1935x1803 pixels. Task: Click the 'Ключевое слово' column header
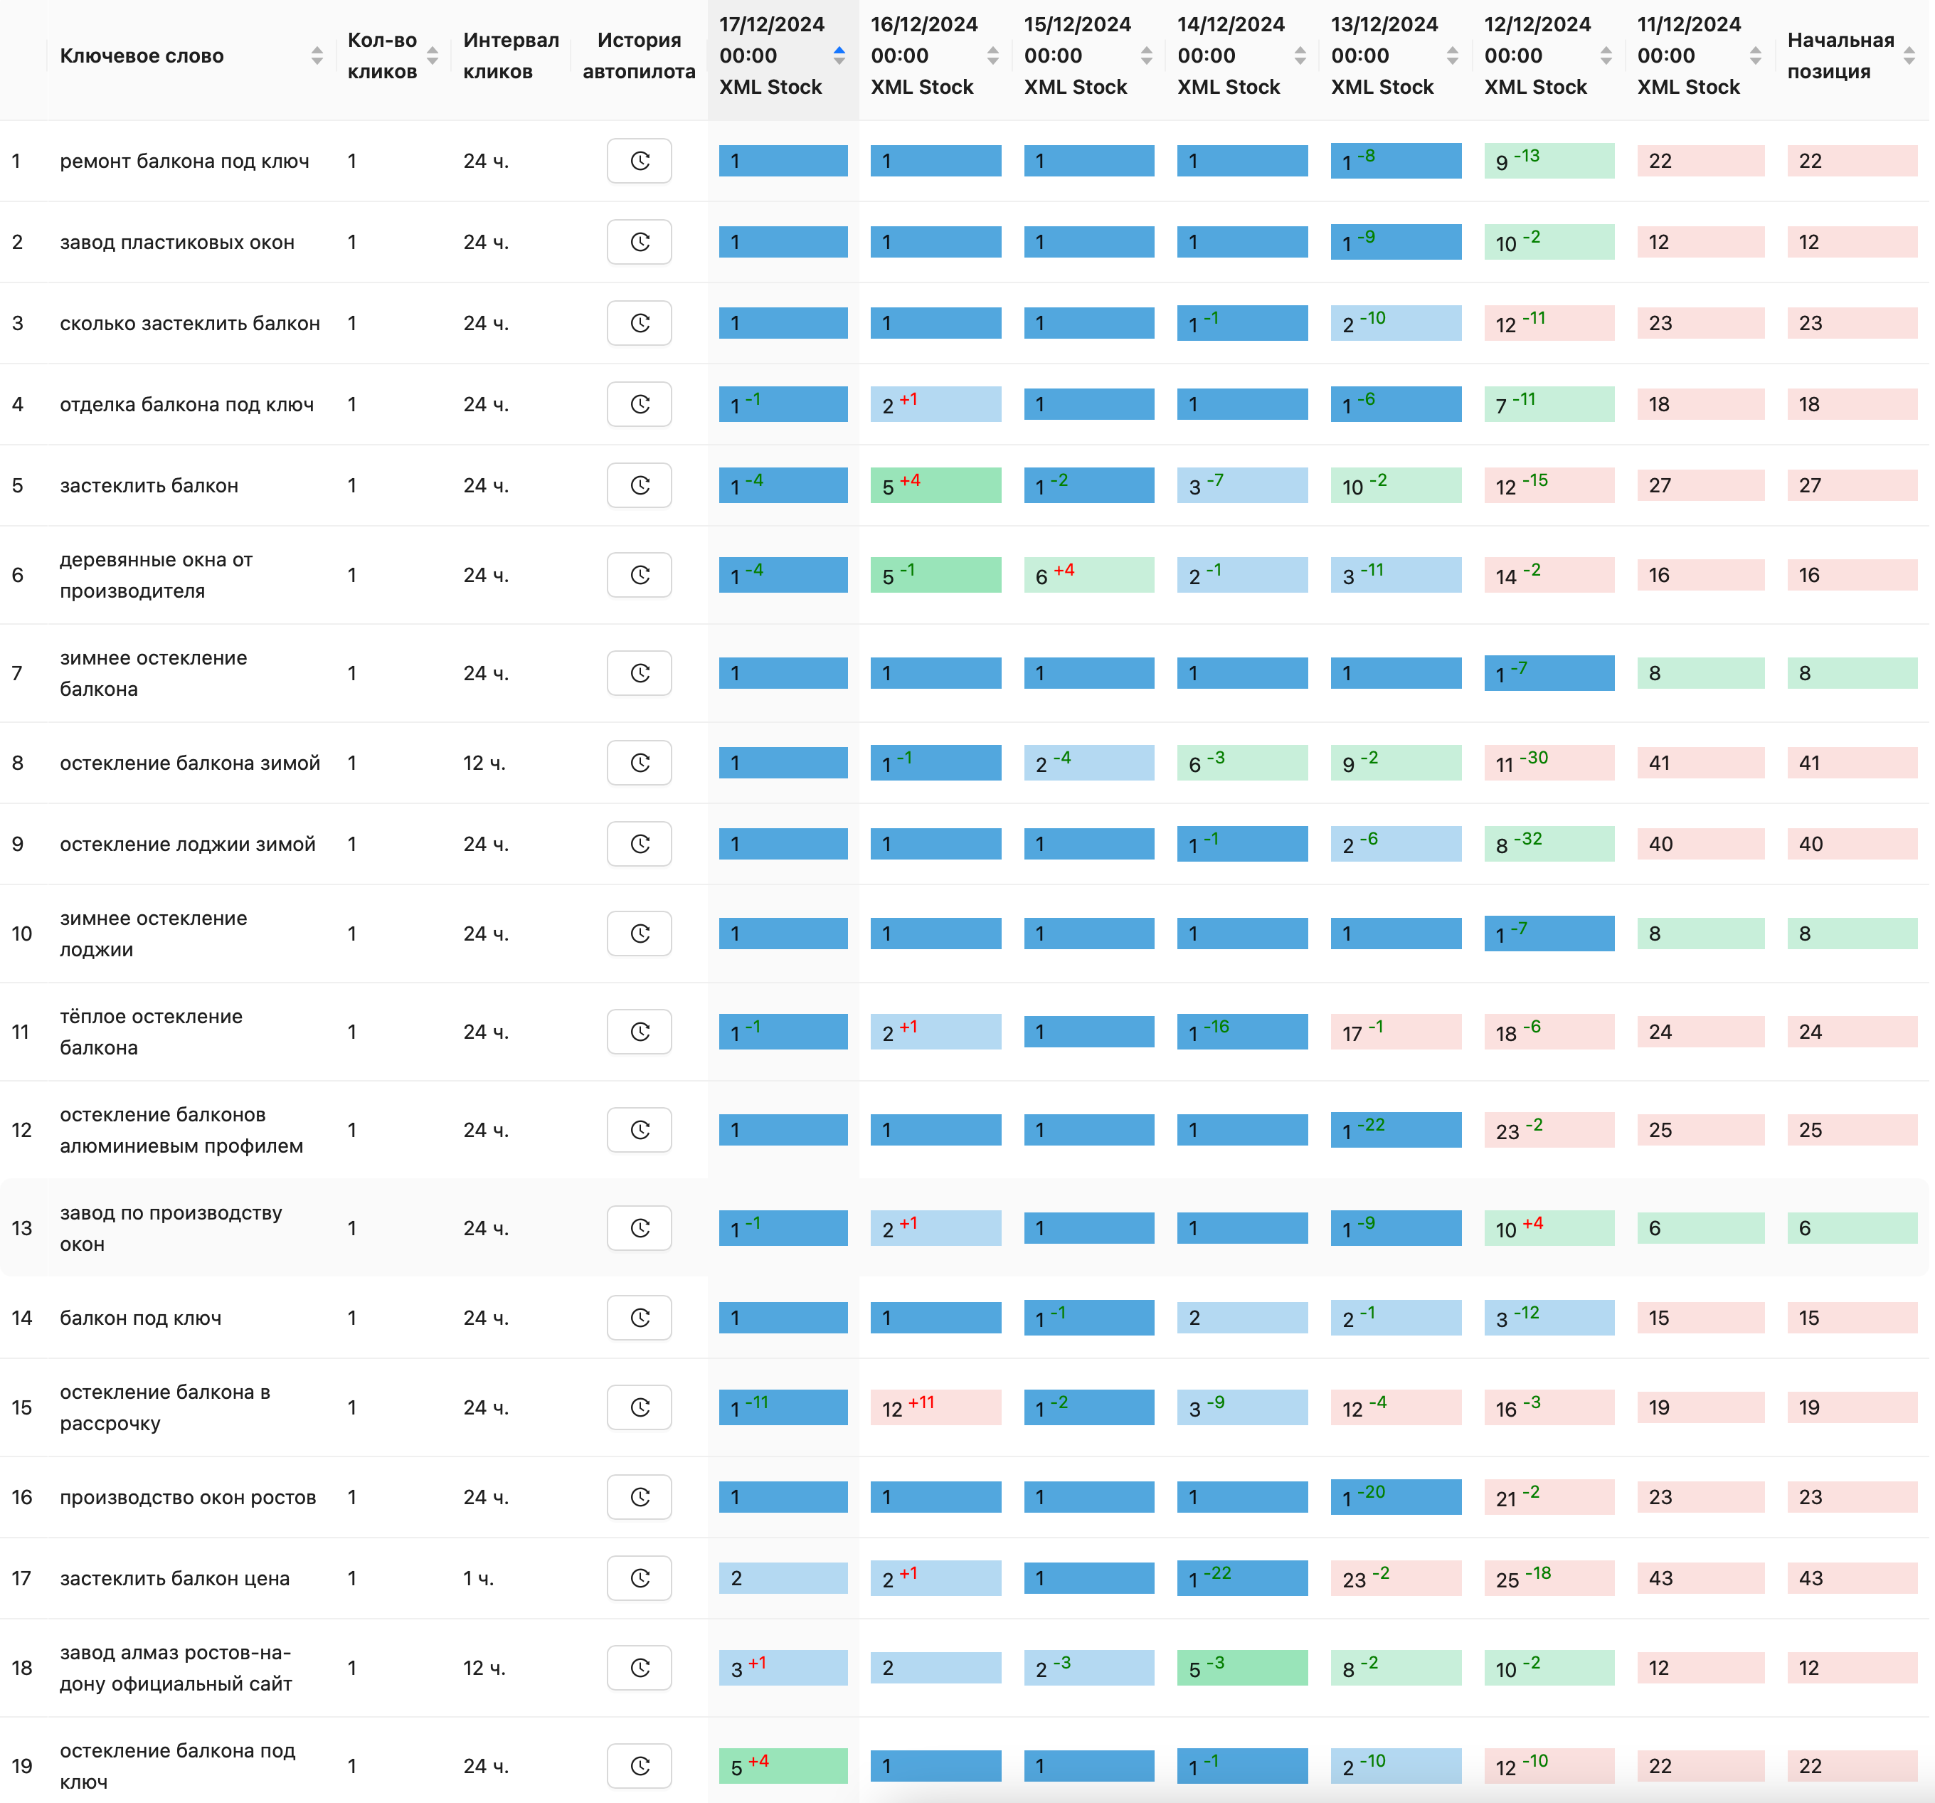(142, 56)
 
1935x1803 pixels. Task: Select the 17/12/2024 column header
(771, 56)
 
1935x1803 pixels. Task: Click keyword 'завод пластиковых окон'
(177, 243)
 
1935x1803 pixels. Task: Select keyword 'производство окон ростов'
(188, 1497)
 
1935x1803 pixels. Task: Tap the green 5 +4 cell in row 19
(783, 1766)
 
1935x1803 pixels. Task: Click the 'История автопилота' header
(639, 56)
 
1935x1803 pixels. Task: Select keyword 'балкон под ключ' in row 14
(141, 1318)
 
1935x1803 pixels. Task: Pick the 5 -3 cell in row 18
(1242, 1669)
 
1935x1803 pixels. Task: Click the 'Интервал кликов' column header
(511, 56)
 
